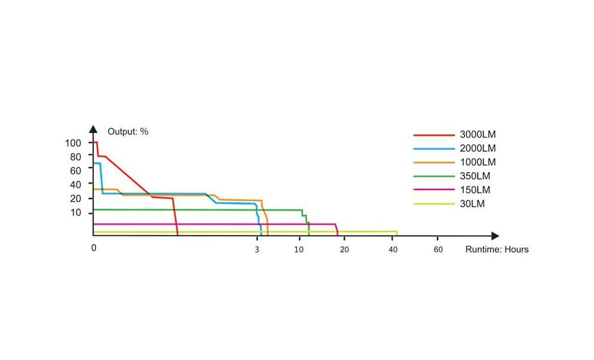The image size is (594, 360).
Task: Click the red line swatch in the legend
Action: (x=434, y=134)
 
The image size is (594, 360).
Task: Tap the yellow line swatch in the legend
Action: (x=434, y=205)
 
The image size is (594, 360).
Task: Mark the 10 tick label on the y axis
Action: (x=76, y=213)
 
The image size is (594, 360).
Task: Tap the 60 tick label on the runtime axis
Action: (x=438, y=249)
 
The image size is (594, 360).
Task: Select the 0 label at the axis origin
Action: (x=94, y=248)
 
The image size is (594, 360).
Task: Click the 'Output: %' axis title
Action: (x=128, y=131)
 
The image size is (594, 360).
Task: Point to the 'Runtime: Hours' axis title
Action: (x=497, y=249)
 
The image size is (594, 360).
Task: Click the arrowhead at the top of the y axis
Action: (x=93, y=128)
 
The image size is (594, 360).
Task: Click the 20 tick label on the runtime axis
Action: (x=344, y=249)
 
